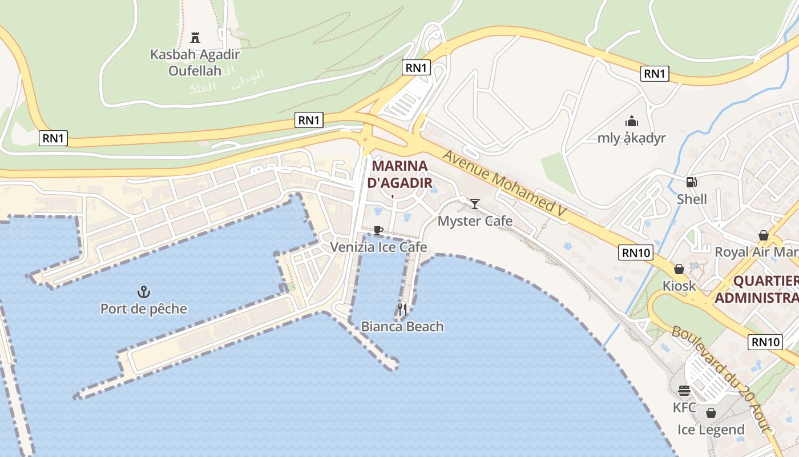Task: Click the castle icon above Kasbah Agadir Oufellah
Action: click(x=195, y=38)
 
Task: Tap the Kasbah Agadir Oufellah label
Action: click(x=195, y=63)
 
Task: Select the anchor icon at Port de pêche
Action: click(x=143, y=292)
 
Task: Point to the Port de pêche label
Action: click(x=144, y=309)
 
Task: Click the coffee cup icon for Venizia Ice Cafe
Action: click(x=378, y=230)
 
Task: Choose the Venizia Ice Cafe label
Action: click(x=378, y=247)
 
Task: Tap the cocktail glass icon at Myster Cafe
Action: click(x=475, y=203)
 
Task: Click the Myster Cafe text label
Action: click(x=475, y=221)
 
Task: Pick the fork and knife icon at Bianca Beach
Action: click(x=402, y=310)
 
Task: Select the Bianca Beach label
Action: click(x=402, y=327)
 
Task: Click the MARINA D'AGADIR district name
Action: click(x=399, y=174)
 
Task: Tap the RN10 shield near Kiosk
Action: click(x=636, y=252)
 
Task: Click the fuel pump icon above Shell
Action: click(x=691, y=182)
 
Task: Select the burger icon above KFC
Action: click(x=684, y=391)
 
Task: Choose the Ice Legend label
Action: click(x=711, y=430)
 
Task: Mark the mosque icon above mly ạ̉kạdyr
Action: click(x=631, y=121)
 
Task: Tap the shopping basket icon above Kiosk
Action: click(x=679, y=268)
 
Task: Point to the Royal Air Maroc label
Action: click(x=756, y=252)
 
